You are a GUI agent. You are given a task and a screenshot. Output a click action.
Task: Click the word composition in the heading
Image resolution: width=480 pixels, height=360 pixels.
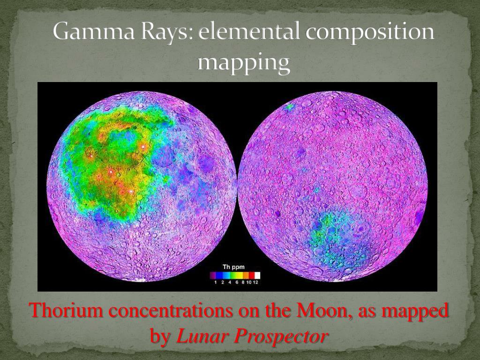(370, 33)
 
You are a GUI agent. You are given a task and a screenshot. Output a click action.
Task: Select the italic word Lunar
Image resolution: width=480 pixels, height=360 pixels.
(202, 336)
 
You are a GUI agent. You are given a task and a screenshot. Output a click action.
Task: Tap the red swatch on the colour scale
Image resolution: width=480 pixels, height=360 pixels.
(252, 275)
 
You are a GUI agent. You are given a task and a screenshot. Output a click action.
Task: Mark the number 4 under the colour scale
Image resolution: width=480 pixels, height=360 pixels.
(230, 282)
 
